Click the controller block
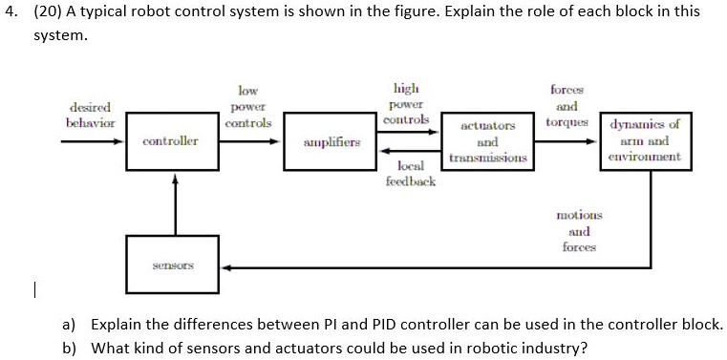(171, 141)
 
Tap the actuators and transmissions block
(487, 141)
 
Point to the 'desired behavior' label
(91, 116)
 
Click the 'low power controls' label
(247, 106)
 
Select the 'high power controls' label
(406, 102)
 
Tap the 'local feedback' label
(416, 173)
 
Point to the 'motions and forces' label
(579, 231)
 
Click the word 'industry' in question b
(560, 348)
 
